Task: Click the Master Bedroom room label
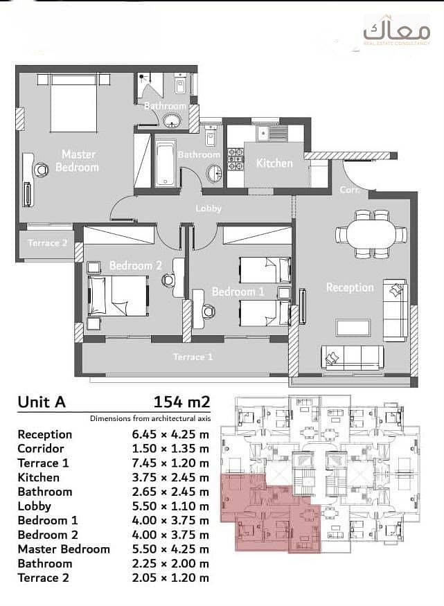(78, 161)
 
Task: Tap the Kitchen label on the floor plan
(274, 163)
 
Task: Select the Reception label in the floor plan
(350, 287)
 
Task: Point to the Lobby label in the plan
(208, 208)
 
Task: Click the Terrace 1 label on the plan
(193, 357)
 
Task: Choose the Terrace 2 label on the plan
(47, 243)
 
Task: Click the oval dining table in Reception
(371, 234)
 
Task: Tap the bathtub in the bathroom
(165, 164)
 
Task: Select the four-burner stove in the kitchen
(236, 159)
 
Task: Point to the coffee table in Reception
(353, 328)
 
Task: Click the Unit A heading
(42, 402)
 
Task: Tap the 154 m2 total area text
(182, 402)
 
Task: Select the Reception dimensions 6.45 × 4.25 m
(170, 434)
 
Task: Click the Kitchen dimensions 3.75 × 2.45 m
(170, 477)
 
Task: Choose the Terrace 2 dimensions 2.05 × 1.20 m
(170, 578)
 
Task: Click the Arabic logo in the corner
(396, 30)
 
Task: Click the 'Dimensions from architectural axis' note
(150, 418)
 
